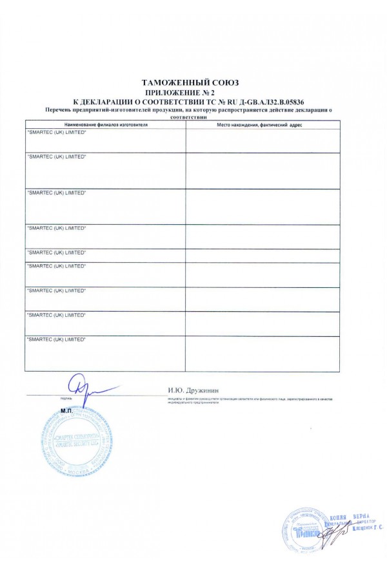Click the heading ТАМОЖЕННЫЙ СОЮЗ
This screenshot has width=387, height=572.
pos(193,83)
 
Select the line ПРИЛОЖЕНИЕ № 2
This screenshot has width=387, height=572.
pos(193,93)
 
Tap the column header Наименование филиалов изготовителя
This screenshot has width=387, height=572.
pos(106,124)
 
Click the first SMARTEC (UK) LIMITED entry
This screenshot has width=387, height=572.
pos(56,132)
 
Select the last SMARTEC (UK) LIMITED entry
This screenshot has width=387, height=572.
pos(56,339)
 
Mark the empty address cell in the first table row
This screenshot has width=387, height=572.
pos(262,140)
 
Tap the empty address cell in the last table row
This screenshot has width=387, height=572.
pos(262,354)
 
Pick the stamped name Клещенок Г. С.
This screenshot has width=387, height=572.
pos(361,528)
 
